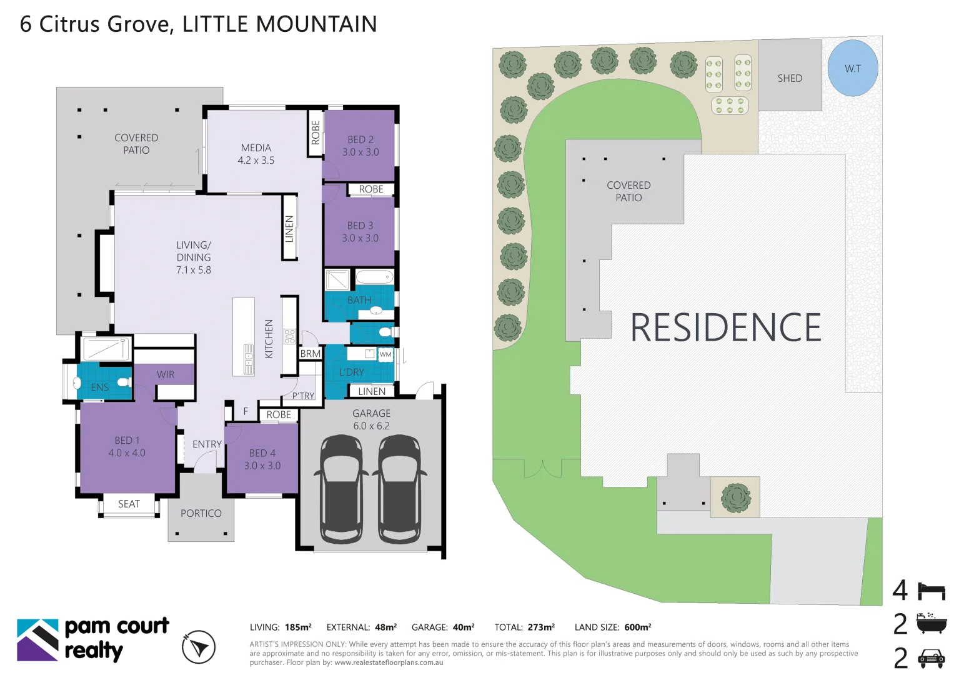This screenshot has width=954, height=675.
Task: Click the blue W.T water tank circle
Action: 852,68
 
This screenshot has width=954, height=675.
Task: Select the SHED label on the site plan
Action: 790,78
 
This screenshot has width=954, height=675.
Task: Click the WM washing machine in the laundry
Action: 385,354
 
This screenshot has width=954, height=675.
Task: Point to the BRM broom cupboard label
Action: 310,354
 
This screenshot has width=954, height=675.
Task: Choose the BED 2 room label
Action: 360,146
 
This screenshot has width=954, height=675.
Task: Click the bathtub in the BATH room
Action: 374,277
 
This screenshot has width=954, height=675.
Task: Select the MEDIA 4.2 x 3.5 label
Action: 256,154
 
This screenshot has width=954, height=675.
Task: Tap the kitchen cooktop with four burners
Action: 289,336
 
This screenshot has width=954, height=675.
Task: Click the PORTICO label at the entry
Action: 201,513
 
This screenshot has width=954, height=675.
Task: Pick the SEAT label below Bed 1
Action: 129,504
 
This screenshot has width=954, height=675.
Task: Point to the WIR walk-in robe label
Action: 165,374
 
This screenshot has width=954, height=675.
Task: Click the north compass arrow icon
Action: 199,647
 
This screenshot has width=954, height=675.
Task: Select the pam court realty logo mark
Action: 37,639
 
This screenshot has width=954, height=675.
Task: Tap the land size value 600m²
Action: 637,627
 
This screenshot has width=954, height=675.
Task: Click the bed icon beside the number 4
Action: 931,591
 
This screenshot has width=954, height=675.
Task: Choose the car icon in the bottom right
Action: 931,658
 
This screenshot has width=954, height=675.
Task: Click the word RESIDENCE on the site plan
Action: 725,327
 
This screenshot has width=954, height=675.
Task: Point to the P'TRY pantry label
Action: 303,396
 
